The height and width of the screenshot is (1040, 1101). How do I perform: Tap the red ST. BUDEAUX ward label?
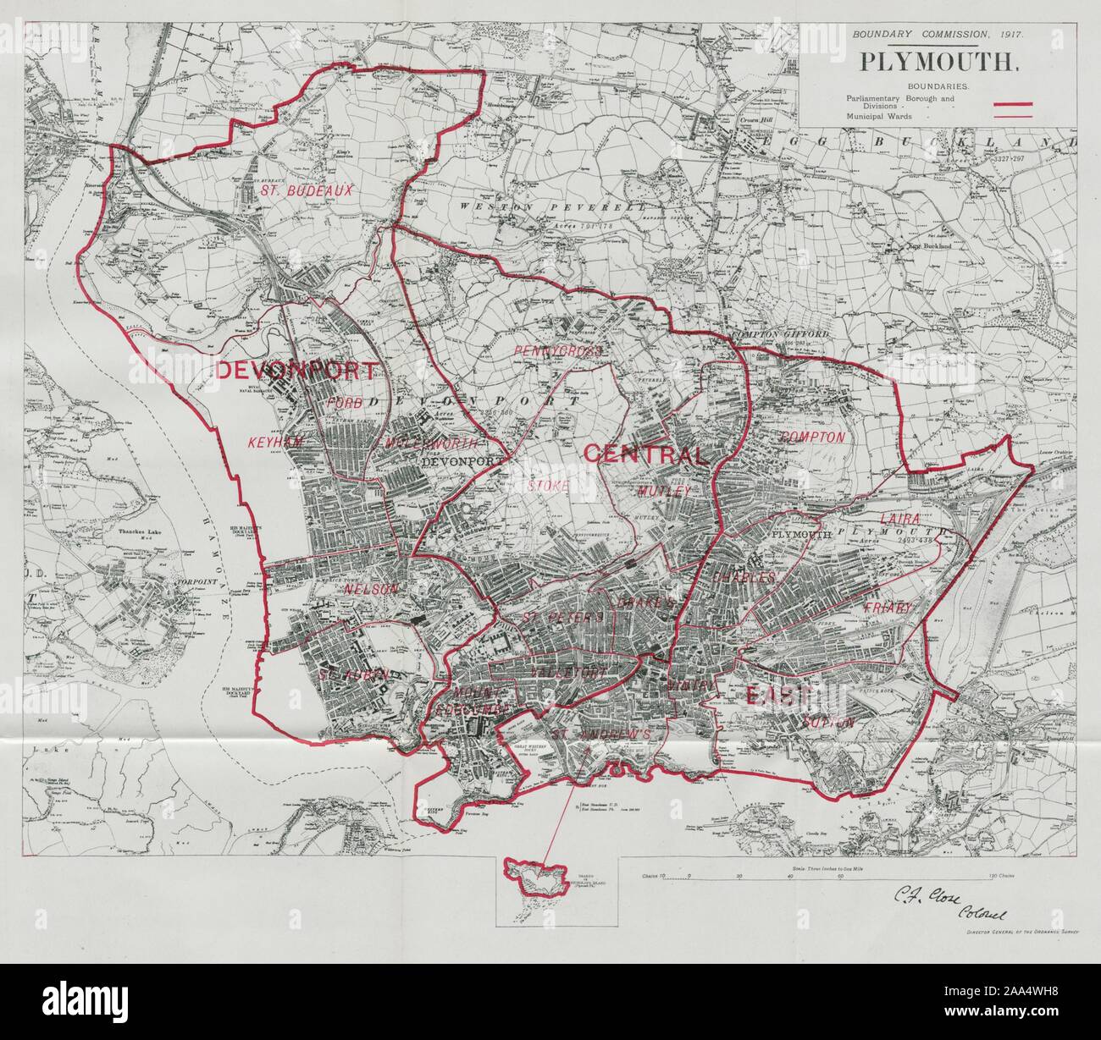coord(294,191)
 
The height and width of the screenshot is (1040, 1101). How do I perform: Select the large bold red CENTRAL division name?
coord(644,455)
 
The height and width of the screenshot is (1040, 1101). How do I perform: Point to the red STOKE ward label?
coord(547,486)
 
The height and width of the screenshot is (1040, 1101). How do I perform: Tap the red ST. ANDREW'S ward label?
coord(600,735)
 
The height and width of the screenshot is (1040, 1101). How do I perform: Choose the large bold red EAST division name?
coord(779,696)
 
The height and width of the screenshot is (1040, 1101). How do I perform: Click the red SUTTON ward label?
coord(826,722)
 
